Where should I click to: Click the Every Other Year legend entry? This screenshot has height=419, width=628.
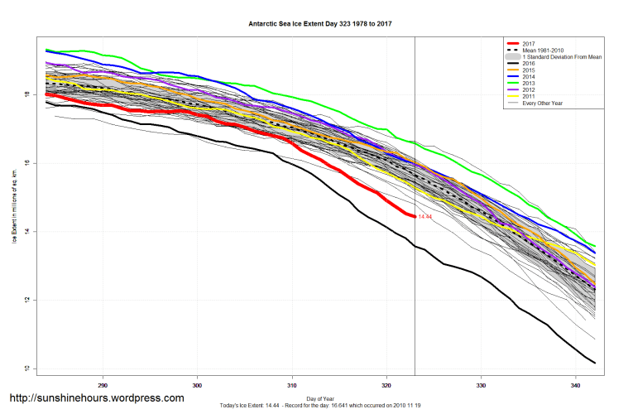point(547,103)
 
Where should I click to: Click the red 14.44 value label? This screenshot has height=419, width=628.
point(425,216)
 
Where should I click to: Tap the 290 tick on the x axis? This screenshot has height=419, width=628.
point(103,385)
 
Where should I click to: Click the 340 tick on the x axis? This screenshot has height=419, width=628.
point(575,385)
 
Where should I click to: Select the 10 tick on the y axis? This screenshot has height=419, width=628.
point(26,368)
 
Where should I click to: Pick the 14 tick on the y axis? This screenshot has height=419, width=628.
point(26,231)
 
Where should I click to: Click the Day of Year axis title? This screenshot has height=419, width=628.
point(320,398)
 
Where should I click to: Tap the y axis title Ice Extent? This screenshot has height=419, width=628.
point(14,204)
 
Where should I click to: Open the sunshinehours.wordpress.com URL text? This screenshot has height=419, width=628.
point(97,398)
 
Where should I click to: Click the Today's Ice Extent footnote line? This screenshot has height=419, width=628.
point(320,405)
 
